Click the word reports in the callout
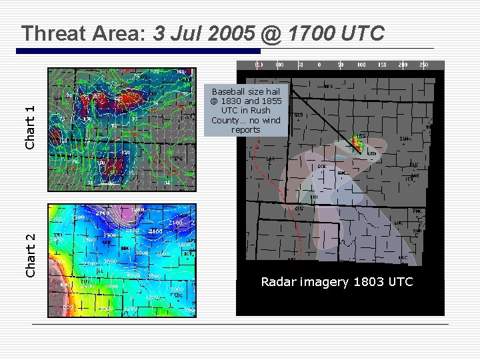pos(246,130)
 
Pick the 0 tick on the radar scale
pos(319,65)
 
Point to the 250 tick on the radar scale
pos(422,65)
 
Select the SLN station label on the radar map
pos(403,139)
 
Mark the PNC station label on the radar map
pos(417,212)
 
